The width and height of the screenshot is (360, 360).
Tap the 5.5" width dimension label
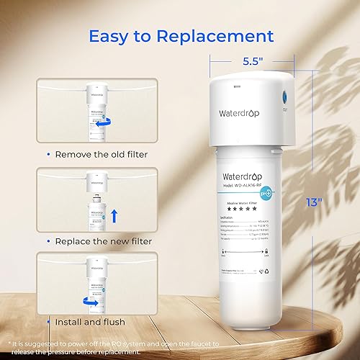pos(251,61)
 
